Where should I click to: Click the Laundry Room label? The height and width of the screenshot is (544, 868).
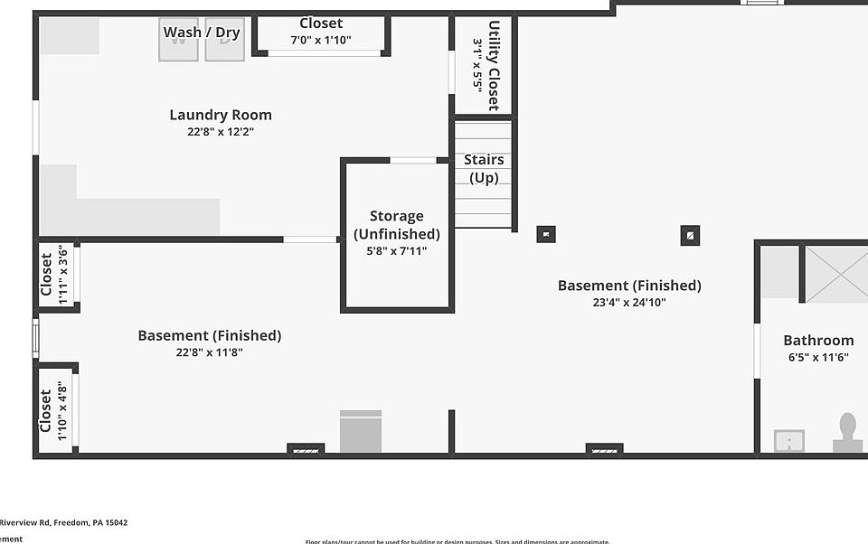(x=221, y=115)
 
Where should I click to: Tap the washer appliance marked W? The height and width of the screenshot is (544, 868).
(x=178, y=41)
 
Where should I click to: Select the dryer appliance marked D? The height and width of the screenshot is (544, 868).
(x=224, y=41)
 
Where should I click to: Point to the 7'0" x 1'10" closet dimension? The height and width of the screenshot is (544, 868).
(x=321, y=40)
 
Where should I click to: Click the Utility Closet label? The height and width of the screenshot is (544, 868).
(x=494, y=65)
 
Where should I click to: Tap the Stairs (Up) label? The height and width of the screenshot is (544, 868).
(x=484, y=169)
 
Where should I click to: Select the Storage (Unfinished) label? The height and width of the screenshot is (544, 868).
(x=397, y=225)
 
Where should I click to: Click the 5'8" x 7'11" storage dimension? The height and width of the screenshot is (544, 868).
(x=397, y=251)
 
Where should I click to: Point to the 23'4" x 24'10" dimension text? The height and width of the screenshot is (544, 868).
(x=629, y=303)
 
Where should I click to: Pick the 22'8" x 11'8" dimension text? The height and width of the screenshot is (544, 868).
(x=210, y=352)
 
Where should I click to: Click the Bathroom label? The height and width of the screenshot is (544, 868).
(x=818, y=340)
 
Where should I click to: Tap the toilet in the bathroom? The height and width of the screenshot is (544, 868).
(x=847, y=432)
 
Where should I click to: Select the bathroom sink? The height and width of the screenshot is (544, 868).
(x=789, y=441)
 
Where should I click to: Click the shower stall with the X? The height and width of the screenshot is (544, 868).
(x=835, y=273)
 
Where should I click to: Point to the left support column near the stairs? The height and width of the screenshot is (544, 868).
(x=545, y=235)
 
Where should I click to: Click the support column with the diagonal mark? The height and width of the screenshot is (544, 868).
(x=690, y=236)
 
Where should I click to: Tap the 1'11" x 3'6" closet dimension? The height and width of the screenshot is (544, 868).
(x=63, y=276)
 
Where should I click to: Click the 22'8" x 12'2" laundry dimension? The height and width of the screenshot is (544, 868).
(x=221, y=132)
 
